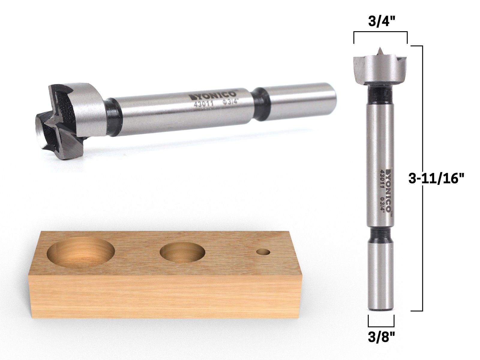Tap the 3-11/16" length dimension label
[x=436, y=179]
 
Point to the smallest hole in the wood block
[x=264, y=252]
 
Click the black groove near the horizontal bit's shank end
[x=260, y=103]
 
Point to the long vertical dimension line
[x=422, y=180]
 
